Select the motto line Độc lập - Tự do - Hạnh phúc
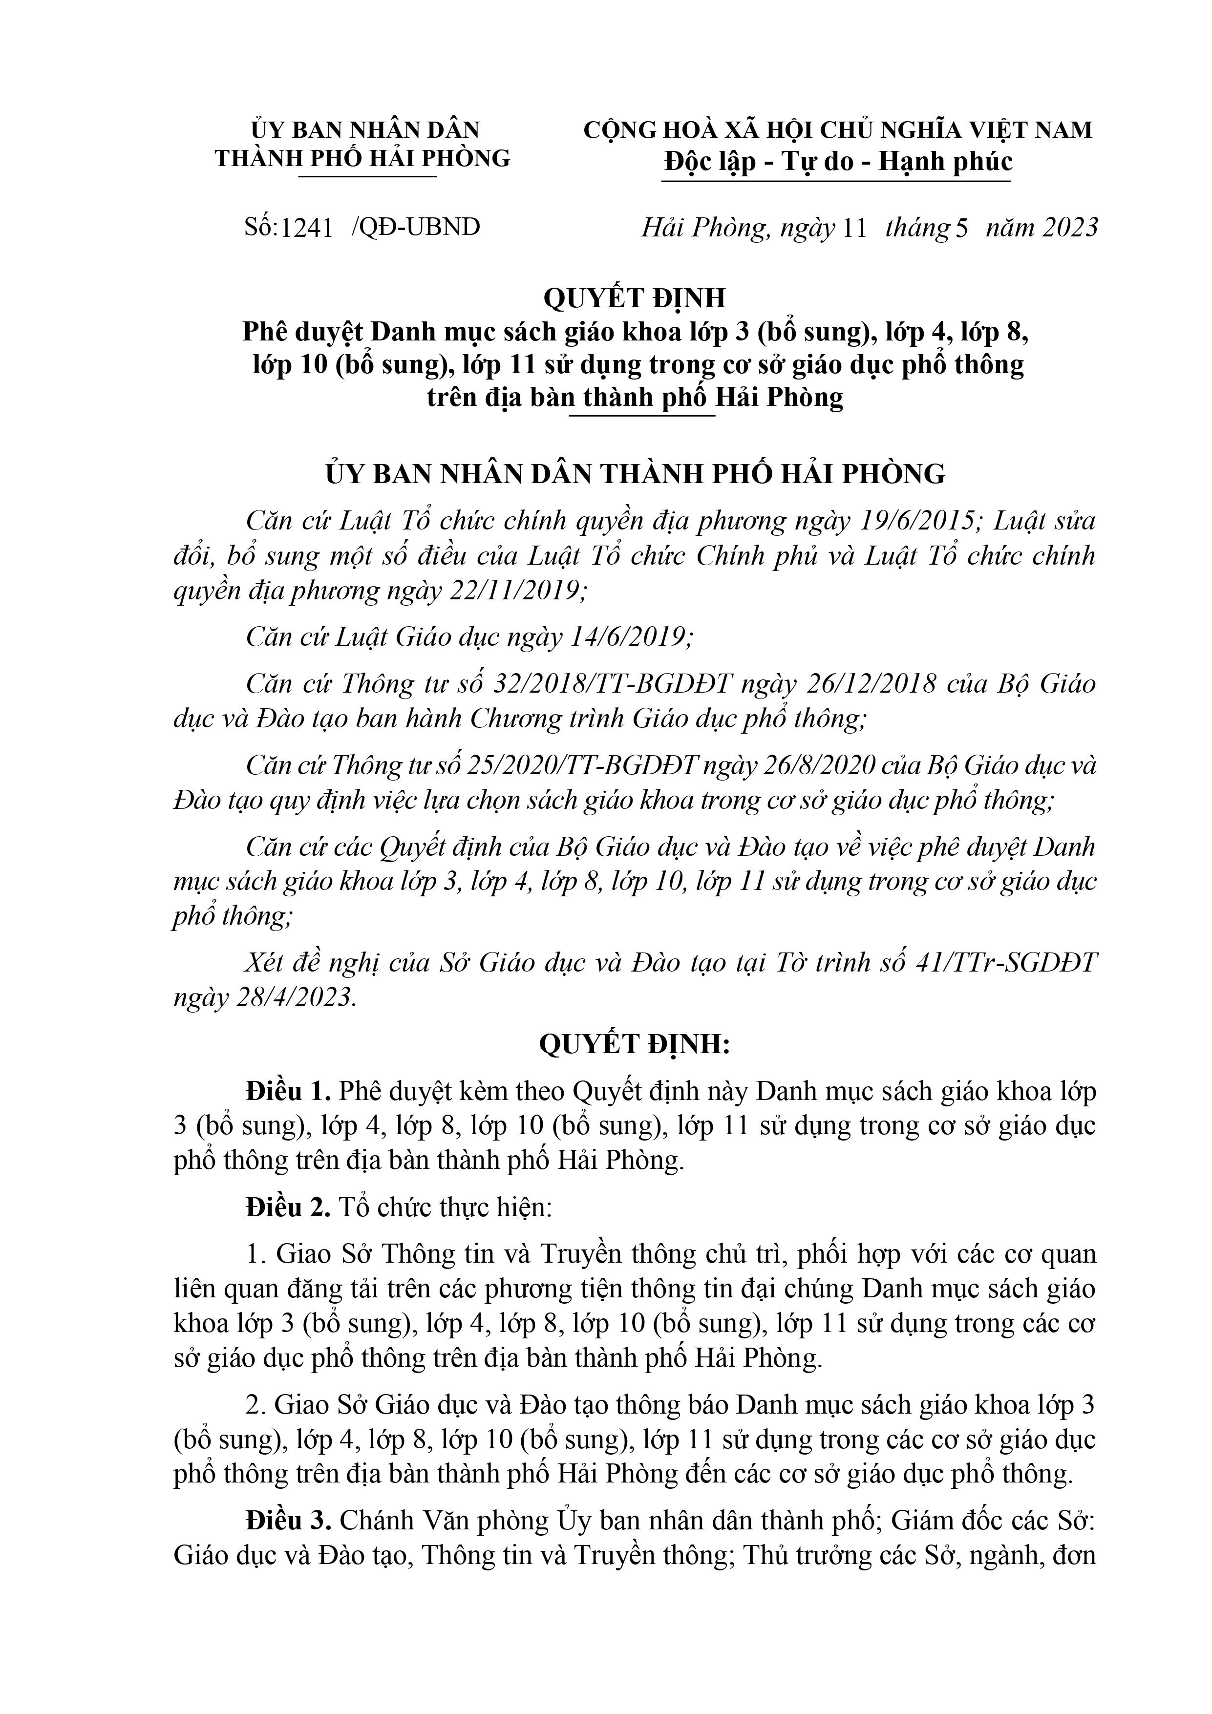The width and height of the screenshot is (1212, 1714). (x=838, y=161)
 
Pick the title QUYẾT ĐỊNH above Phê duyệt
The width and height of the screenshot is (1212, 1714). (x=634, y=298)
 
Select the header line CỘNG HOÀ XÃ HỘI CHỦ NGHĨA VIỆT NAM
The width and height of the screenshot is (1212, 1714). (x=838, y=130)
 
